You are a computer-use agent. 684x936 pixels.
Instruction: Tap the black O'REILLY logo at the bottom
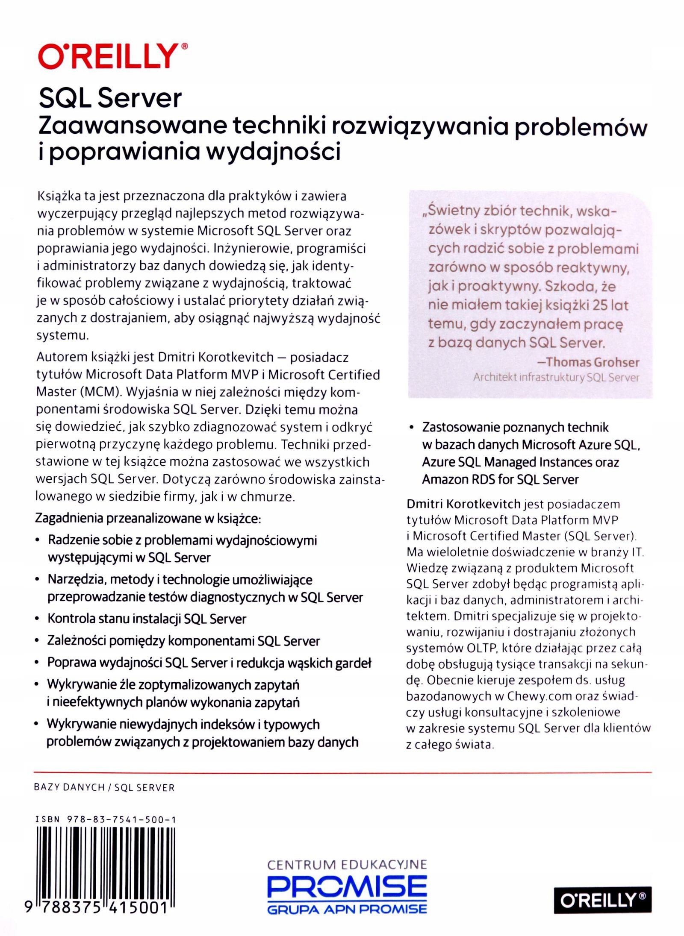[x=602, y=900]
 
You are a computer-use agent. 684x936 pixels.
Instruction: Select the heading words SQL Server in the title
[x=110, y=98]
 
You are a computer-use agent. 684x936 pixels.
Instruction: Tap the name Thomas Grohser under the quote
[x=593, y=362]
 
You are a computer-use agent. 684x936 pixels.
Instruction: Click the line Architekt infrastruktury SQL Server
[x=556, y=378]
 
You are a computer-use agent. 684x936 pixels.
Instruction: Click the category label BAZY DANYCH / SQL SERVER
[x=104, y=787]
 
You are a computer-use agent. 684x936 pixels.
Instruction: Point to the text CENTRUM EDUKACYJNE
[x=347, y=865]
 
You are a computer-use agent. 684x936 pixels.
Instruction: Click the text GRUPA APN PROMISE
[x=347, y=909]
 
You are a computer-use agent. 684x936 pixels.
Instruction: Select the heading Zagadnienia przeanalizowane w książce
[x=148, y=518]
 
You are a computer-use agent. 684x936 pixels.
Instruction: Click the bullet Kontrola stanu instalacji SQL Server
[x=147, y=619]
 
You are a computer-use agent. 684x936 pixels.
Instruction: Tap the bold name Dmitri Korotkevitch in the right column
[x=463, y=504]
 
